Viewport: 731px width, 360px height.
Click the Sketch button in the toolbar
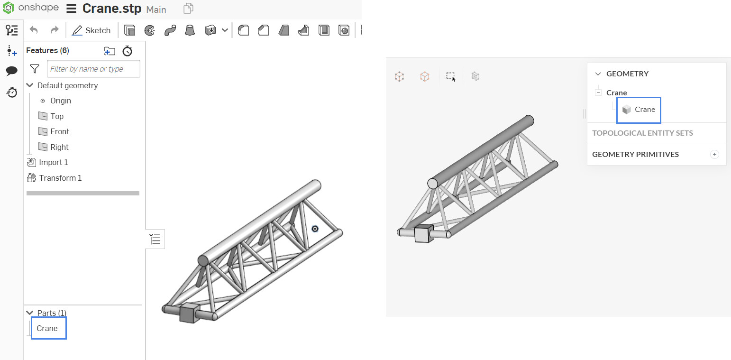click(91, 30)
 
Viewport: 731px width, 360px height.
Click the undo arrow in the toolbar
click(34, 30)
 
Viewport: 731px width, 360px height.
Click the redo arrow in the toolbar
click(55, 30)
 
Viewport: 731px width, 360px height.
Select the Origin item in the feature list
click(61, 101)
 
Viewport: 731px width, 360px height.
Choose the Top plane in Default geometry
click(57, 116)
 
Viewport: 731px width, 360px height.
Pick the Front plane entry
click(60, 131)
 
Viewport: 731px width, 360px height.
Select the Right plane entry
click(59, 147)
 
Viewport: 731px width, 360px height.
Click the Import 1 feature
click(53, 162)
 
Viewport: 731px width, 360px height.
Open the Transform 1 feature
click(60, 178)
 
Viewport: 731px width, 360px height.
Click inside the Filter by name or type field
click(93, 69)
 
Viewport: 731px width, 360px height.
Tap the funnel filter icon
click(35, 69)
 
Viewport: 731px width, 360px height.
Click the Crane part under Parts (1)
click(47, 328)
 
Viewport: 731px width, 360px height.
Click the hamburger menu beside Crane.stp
click(72, 9)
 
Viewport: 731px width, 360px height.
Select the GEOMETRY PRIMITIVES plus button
click(715, 154)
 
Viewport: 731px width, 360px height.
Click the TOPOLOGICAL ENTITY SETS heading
click(642, 133)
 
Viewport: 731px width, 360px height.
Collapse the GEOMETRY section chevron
click(598, 74)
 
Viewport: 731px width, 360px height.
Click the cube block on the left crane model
click(189, 313)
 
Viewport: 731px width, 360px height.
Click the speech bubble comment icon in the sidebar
click(12, 71)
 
